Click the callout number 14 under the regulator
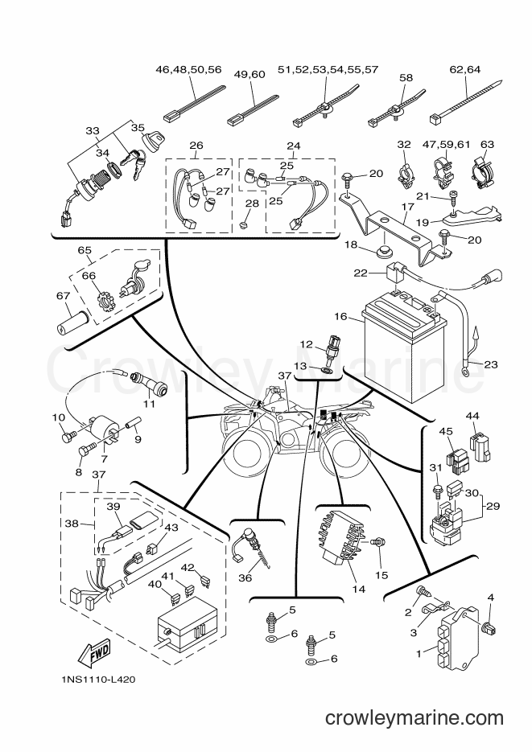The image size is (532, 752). click(358, 589)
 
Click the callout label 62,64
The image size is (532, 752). click(464, 69)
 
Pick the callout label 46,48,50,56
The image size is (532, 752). click(188, 69)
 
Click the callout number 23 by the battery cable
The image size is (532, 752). click(491, 364)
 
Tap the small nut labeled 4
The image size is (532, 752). click(489, 627)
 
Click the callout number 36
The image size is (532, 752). click(245, 578)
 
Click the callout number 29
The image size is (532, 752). click(493, 506)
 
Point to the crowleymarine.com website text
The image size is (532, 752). click(414, 718)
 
